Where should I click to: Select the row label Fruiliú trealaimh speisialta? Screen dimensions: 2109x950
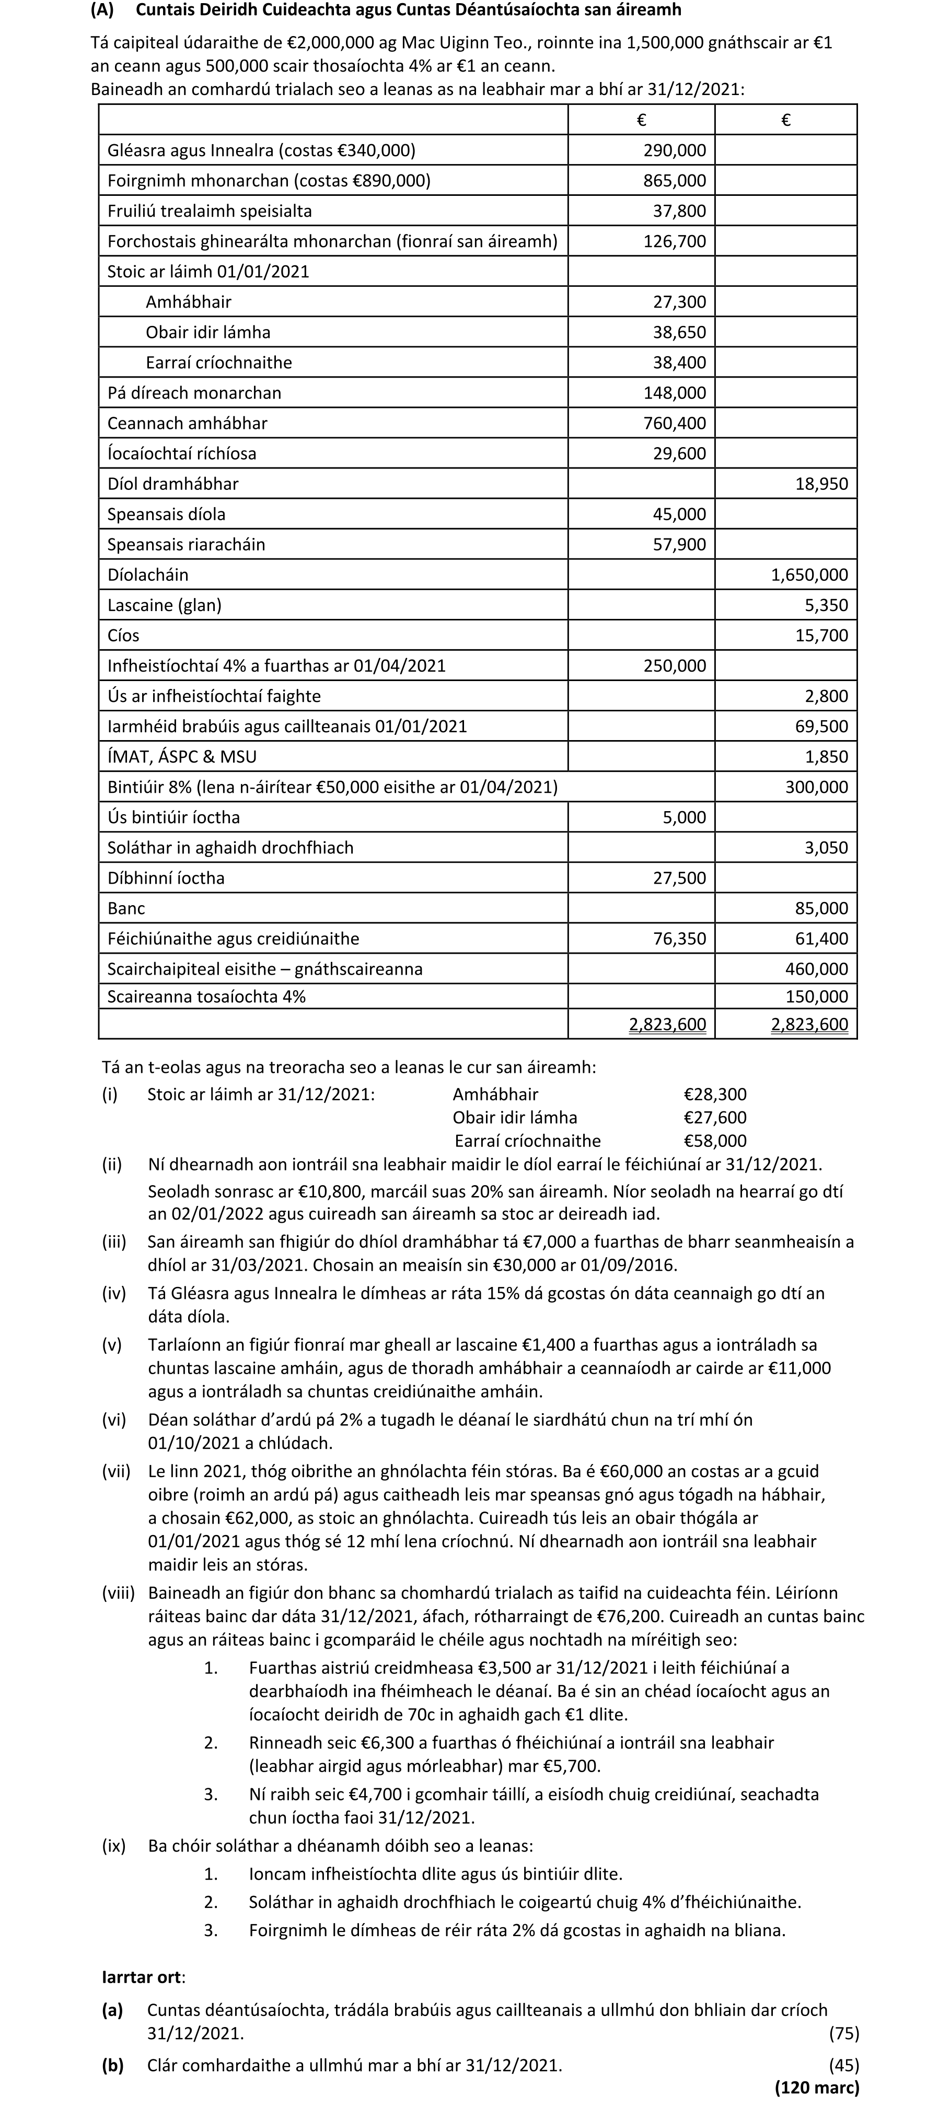[210, 211]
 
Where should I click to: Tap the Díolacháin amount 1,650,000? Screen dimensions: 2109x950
[809, 575]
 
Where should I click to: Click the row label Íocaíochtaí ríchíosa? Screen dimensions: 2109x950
[182, 453]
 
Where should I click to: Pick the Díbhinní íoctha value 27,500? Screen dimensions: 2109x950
[679, 877]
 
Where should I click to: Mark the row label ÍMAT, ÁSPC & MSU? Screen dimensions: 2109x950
[188, 756]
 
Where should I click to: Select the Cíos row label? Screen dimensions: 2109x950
[124, 635]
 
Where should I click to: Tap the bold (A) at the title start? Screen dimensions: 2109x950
[102, 10]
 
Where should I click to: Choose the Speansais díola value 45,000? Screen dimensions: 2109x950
[679, 514]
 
